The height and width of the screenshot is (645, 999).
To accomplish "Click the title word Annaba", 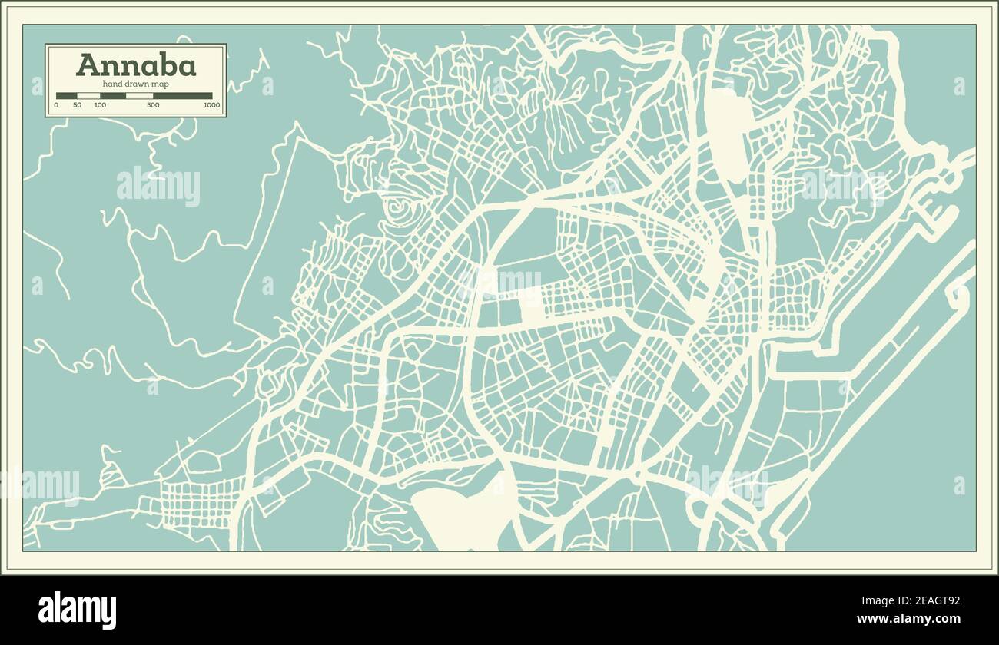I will [x=136, y=64].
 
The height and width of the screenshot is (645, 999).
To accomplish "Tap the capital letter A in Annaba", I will [x=86, y=64].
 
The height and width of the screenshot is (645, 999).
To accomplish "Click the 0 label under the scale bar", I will [x=56, y=105].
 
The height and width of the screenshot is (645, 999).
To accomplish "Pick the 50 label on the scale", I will [x=77, y=105].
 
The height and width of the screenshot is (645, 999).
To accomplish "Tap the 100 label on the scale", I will [x=100, y=105].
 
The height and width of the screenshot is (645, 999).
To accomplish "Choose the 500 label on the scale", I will [x=153, y=105].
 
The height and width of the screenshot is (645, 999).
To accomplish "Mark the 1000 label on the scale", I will [x=211, y=105].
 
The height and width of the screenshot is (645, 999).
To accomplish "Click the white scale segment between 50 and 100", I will [x=88, y=96].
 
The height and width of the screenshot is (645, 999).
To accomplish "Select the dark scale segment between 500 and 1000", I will [x=182, y=96].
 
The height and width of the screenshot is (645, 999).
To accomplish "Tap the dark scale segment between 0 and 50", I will [x=66, y=96].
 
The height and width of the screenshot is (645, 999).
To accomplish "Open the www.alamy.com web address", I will [x=908, y=619].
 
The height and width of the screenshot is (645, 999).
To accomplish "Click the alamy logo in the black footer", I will [x=77, y=610].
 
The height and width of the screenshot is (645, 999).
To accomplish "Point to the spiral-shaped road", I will [x=398, y=207].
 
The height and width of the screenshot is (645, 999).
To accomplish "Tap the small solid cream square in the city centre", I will [x=530, y=310].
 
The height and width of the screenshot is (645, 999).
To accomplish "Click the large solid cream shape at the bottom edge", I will [x=461, y=518].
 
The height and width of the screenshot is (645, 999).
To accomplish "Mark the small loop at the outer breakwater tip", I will [x=959, y=294].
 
